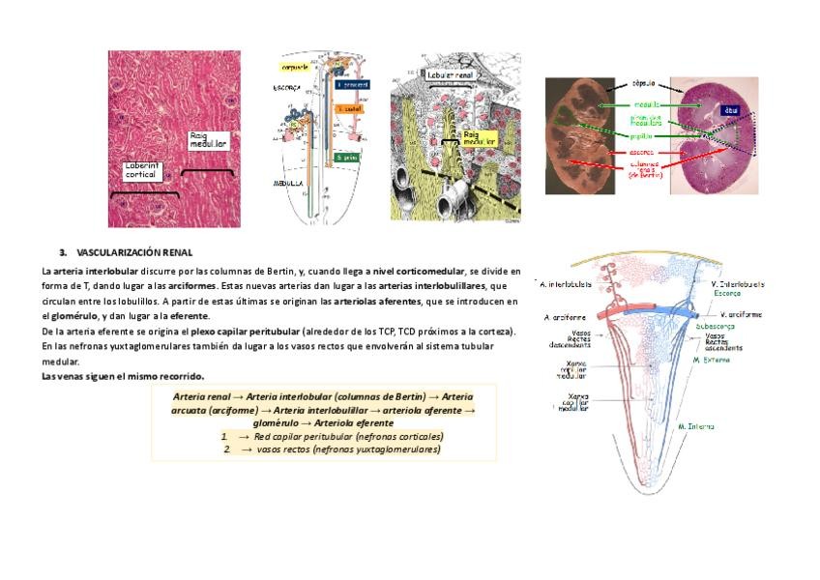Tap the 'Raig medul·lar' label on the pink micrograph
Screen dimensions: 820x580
tap(208, 140)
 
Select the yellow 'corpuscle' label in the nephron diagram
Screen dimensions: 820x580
tap(295, 68)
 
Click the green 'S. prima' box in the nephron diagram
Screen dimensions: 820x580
tap(348, 157)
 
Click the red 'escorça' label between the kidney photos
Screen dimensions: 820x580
tap(641, 152)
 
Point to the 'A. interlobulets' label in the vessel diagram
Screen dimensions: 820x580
tap(566, 284)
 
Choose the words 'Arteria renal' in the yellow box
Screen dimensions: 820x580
tap(205, 396)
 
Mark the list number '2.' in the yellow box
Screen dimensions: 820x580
tap(226, 449)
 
